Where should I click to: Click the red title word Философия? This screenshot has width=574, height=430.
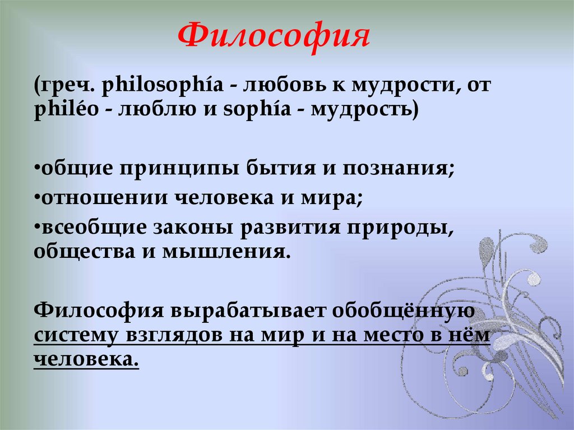coord(275,36)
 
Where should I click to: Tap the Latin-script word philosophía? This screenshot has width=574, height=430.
coord(163,87)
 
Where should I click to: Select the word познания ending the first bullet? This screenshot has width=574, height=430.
coord(399,169)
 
